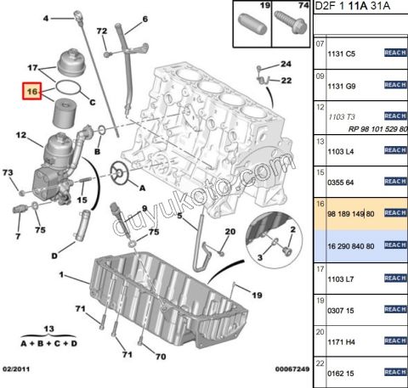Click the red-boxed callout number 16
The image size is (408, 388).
33,91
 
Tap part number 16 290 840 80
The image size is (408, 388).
350,245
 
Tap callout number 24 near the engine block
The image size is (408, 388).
286,65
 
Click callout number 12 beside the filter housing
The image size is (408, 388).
22,133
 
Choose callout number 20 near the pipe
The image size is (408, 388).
229,232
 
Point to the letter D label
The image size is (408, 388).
54,253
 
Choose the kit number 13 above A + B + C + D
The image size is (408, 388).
49,328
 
